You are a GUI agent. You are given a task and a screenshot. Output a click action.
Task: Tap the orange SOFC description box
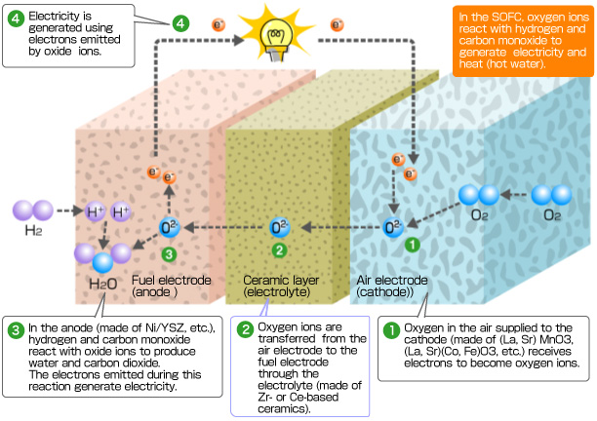(x=523, y=40)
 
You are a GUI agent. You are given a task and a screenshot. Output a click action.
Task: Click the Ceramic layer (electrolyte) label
(x=277, y=286)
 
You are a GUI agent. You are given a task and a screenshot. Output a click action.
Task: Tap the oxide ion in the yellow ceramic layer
(x=278, y=228)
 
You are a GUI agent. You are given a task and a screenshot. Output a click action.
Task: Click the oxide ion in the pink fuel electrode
(x=170, y=228)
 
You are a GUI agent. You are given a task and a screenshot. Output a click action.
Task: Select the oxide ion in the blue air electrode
(x=393, y=228)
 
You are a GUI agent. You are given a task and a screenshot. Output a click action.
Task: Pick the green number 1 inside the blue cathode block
(x=412, y=246)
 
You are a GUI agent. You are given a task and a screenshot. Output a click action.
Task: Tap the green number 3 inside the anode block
(x=169, y=254)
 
